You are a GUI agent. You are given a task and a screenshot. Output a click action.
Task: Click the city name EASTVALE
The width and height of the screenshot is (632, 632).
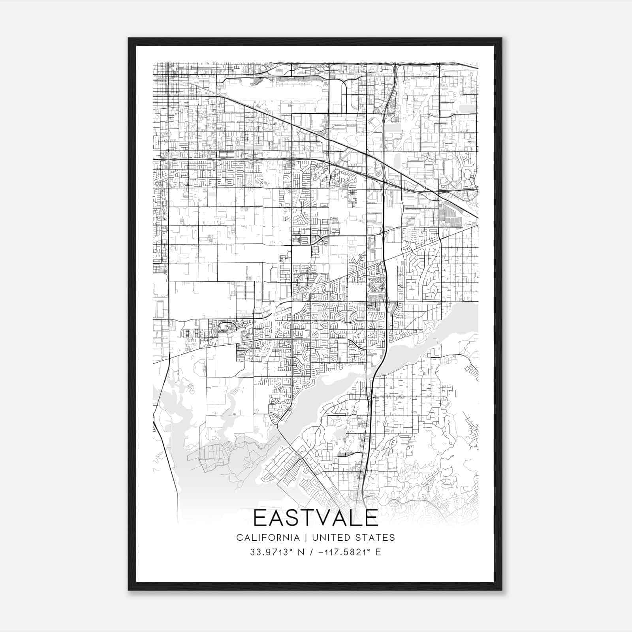pyautogui.click(x=316, y=518)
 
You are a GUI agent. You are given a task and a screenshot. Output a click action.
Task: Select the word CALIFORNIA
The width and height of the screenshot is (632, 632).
pyautogui.click(x=267, y=538)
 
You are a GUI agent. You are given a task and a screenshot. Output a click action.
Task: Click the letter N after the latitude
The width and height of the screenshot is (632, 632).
pyautogui.click(x=301, y=552)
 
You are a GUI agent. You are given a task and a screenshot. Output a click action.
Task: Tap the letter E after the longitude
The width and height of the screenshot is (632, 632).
pyautogui.click(x=378, y=552)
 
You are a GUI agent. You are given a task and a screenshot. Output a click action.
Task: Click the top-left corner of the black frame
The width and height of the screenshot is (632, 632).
pyautogui.click(x=129, y=38)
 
